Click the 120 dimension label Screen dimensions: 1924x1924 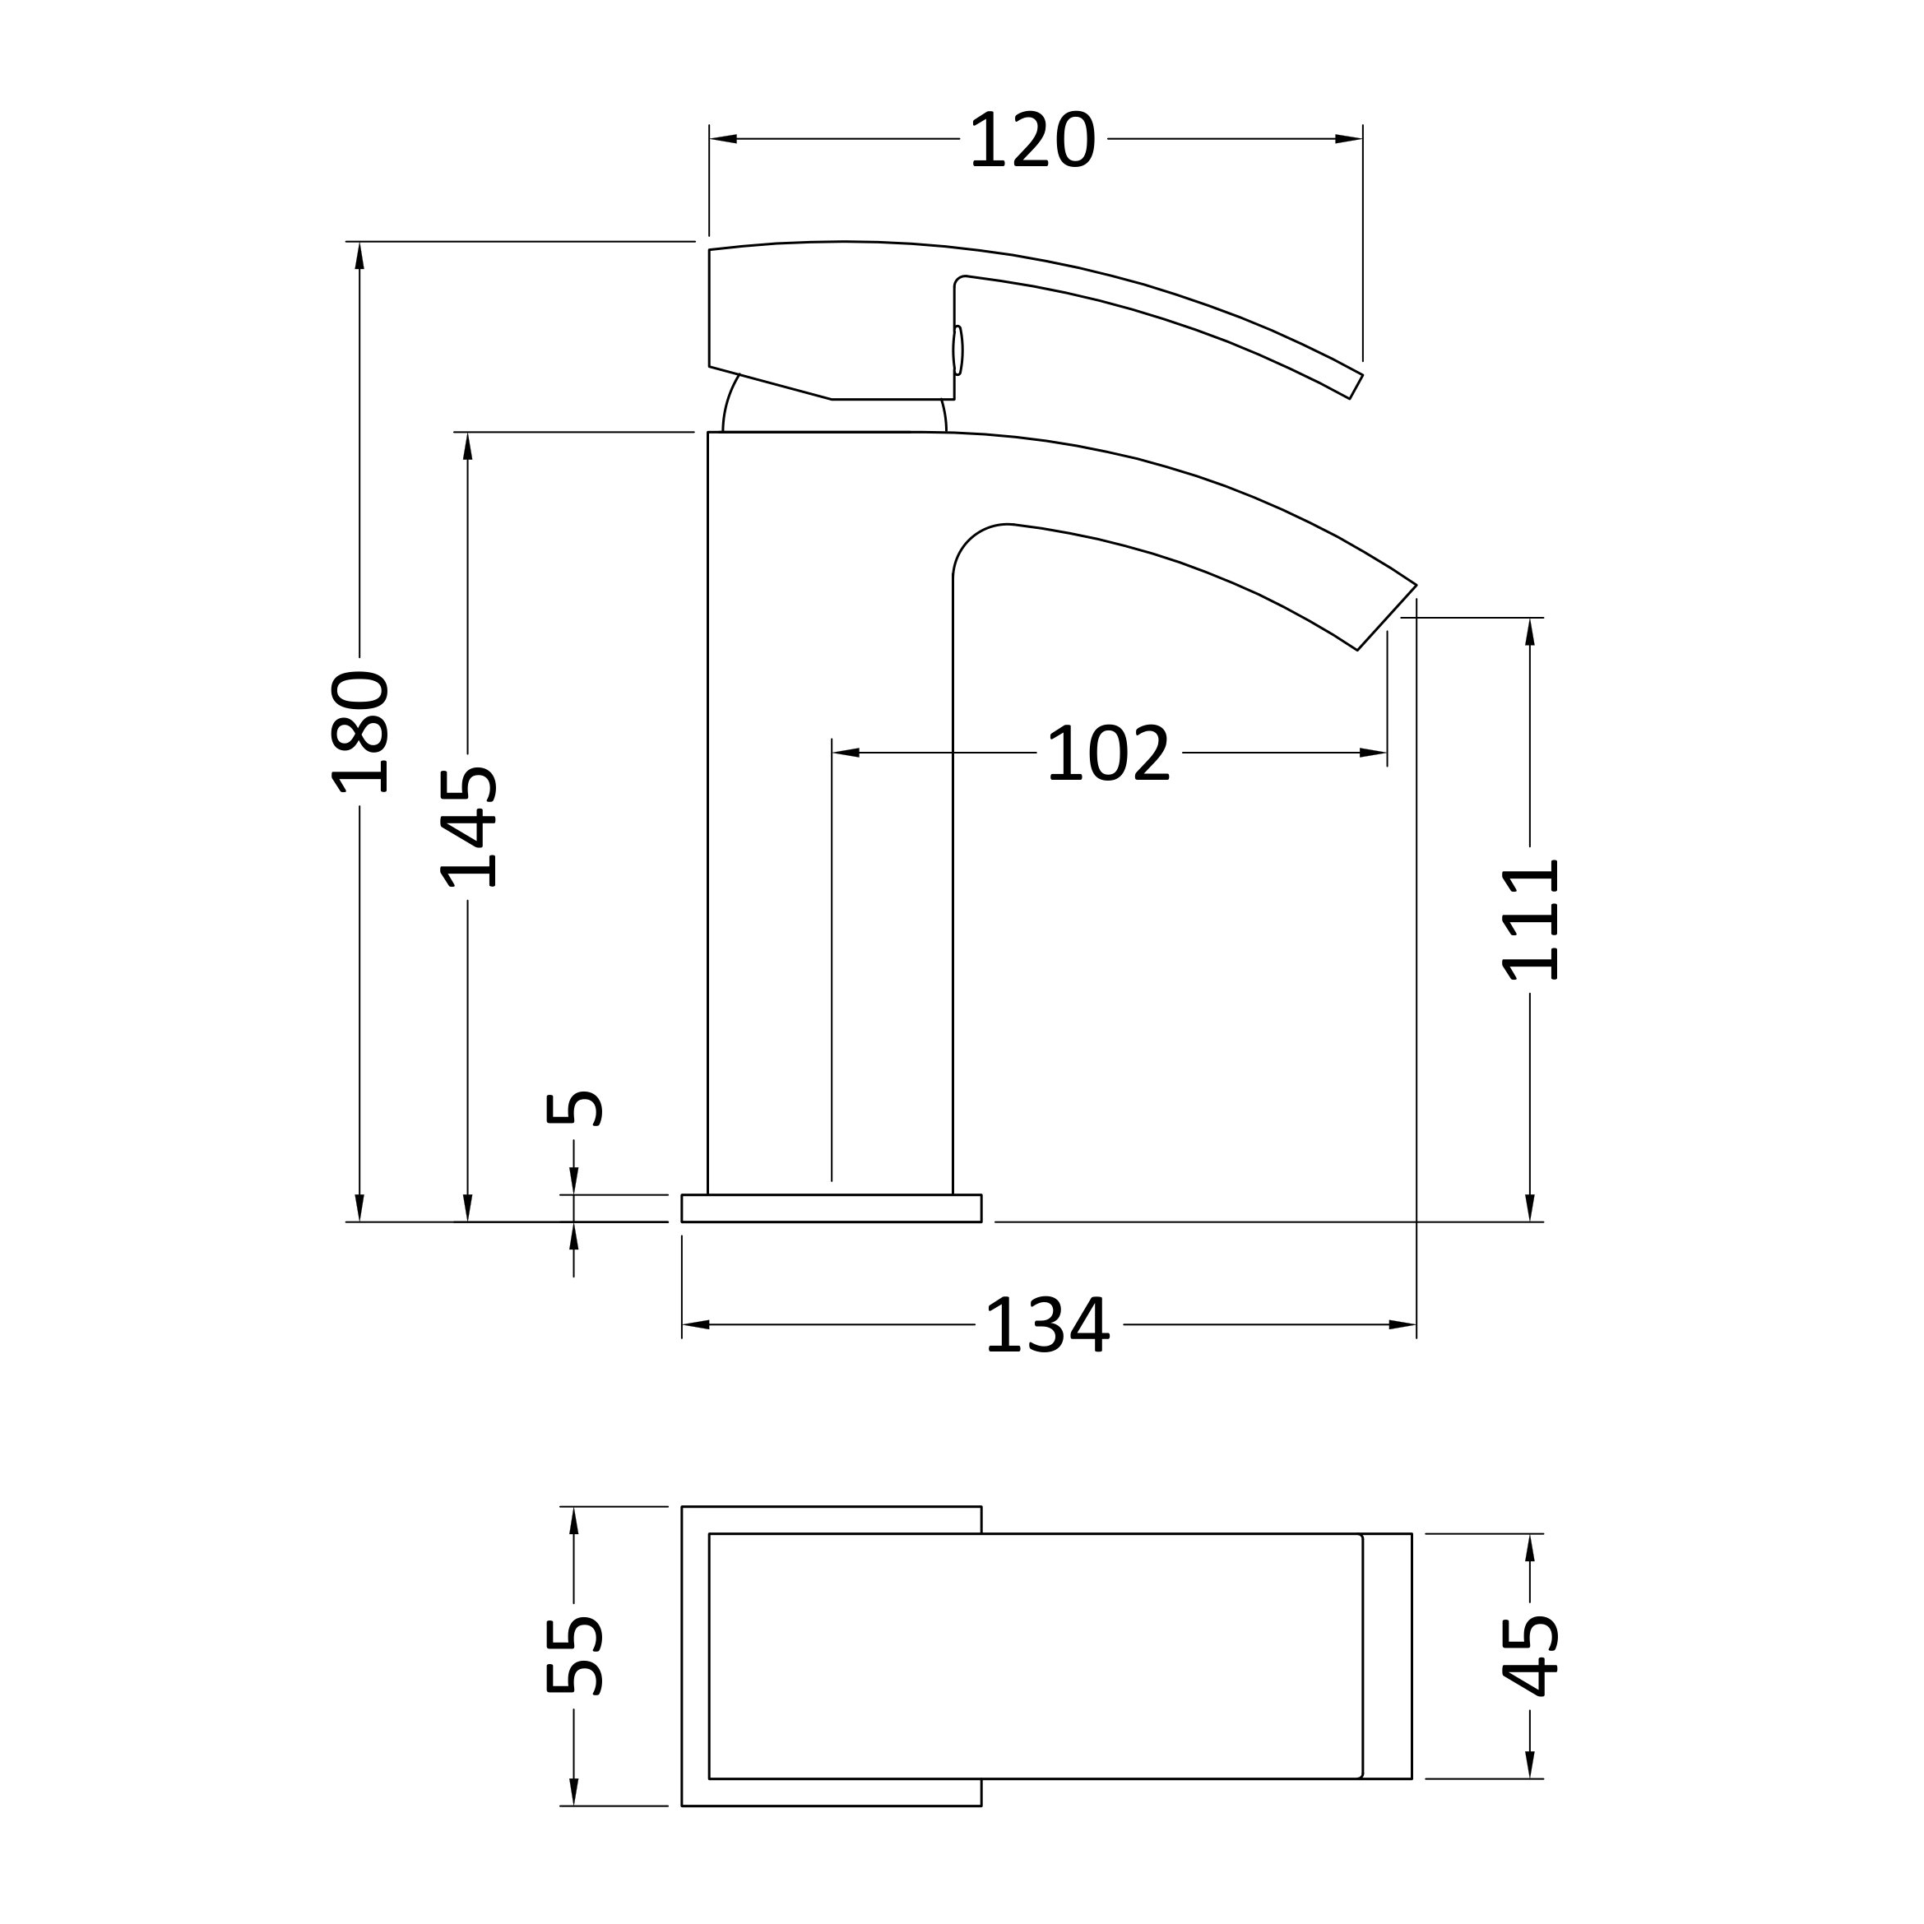click(x=1032, y=139)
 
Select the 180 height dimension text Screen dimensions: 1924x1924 click(x=359, y=732)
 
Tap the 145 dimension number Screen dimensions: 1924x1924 click(x=468, y=827)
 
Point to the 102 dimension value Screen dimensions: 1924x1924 click(x=1108, y=753)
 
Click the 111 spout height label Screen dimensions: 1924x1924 click(x=1531, y=920)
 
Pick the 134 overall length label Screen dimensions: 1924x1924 click(x=1046, y=1324)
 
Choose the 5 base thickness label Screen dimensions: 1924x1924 click(x=573, y=1108)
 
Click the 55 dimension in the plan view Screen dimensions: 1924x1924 click(x=573, y=1655)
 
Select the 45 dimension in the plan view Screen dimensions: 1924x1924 click(x=1531, y=1655)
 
